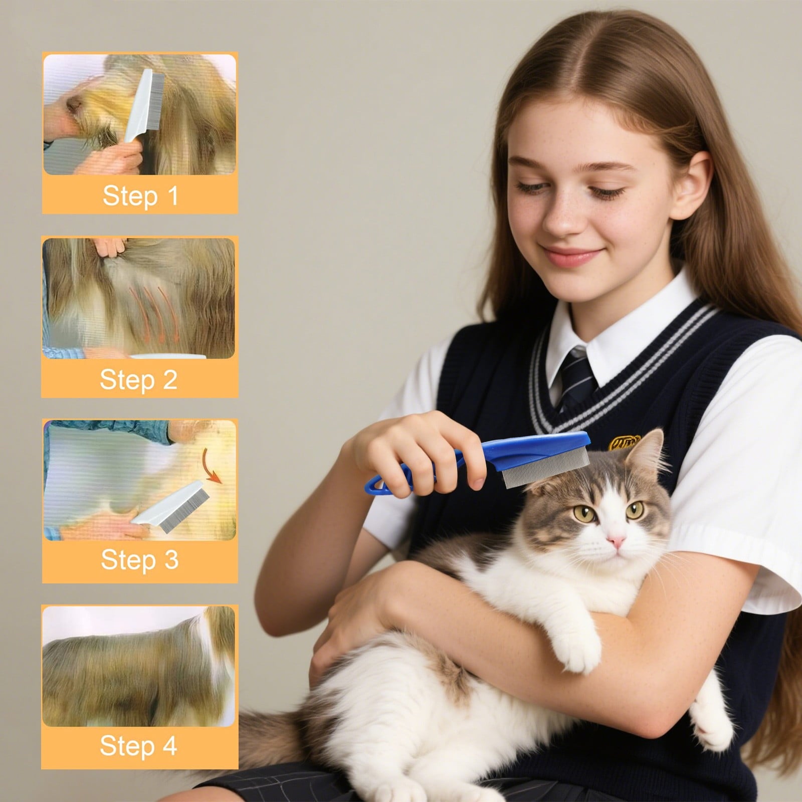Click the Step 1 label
[x=140, y=195]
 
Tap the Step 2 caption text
[x=139, y=379]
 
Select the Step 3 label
[x=139, y=559]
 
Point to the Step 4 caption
[x=139, y=745]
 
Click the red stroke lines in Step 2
[x=153, y=308]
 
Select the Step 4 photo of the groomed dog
[x=139, y=666]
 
